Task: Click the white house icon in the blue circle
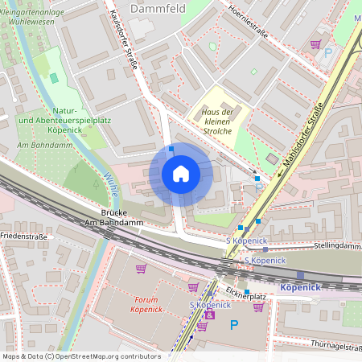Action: pos(180,174)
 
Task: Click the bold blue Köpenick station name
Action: pos(301,287)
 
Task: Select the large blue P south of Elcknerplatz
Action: pos(234,325)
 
